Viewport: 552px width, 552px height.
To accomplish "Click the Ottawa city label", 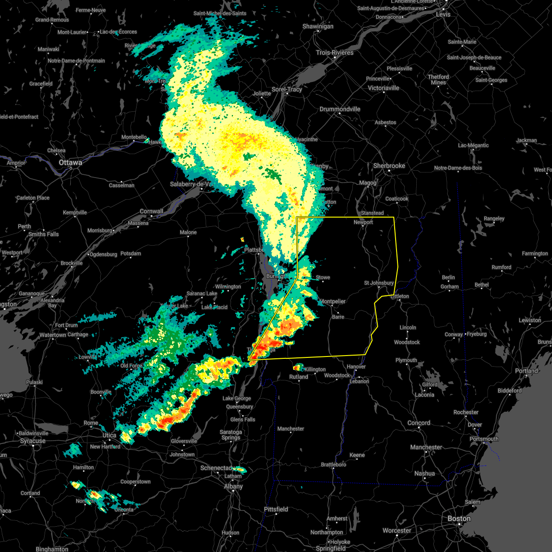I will coord(70,162).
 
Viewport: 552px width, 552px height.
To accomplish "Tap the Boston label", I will coord(459,518).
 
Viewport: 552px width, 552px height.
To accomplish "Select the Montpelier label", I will coord(332,301).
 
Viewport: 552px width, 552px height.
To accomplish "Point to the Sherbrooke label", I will coord(389,166).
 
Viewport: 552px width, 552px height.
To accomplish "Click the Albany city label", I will coord(233,486).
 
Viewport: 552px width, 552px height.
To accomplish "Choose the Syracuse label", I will coord(33,441).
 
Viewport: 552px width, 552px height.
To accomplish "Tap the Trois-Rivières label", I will coord(334,52).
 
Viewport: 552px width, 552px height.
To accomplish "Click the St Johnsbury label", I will coord(379,283).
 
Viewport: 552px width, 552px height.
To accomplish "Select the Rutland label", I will coord(299,377).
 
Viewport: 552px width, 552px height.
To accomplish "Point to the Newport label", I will coord(363,222).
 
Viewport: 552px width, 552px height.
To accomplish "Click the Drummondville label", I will coord(340,109).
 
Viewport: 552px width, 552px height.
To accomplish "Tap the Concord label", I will coord(419,423).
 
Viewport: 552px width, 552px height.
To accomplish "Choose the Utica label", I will coord(109,435).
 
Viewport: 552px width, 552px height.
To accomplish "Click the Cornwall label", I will coord(151,212).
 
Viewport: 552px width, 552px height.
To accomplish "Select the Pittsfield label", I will coord(276,509).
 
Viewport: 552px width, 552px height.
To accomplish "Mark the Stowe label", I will coord(323,277).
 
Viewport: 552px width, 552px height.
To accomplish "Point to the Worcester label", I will coord(397,530).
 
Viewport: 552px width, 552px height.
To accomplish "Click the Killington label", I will coord(315,369).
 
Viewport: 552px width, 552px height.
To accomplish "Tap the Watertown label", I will coord(53,335).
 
